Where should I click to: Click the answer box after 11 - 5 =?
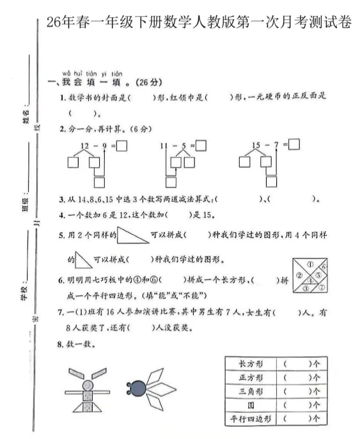pyautogui.click(x=201, y=146)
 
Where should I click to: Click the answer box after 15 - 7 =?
pyautogui.click(x=294, y=144)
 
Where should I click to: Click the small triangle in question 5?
pyautogui.click(x=83, y=259)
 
